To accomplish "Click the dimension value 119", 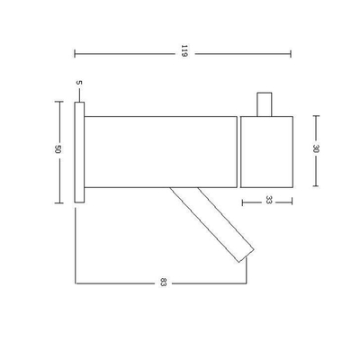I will (x=183, y=53).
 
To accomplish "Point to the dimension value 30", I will (x=315, y=149).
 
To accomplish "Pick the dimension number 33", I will (x=268, y=202).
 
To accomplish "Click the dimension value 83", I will (x=164, y=283).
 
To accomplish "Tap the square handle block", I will (x=267, y=149).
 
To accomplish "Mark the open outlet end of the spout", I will (x=247, y=256).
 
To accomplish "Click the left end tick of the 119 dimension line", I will (x=74, y=53).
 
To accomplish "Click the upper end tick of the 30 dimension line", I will (x=315, y=113).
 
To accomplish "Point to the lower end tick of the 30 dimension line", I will (x=315, y=185).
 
